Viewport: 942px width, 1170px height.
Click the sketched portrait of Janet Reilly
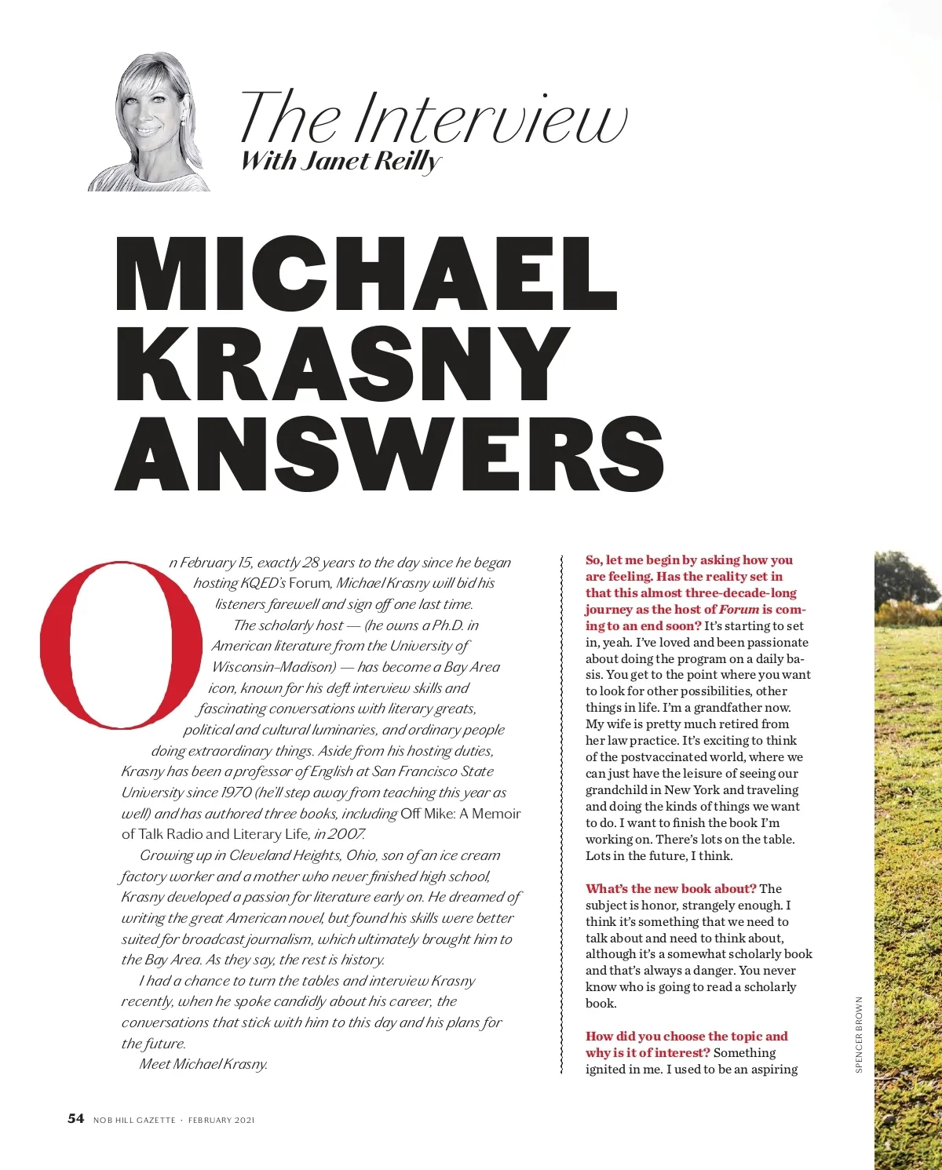(x=151, y=124)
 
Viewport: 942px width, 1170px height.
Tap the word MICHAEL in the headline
(x=366, y=274)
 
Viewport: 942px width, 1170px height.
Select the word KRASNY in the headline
(x=342, y=363)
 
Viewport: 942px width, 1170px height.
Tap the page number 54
(x=75, y=1118)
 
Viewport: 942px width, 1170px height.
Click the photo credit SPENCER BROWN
(x=859, y=1034)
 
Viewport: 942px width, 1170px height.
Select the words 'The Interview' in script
(x=433, y=118)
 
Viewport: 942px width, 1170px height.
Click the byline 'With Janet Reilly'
(x=341, y=161)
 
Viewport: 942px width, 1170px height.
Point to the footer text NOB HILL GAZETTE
(x=134, y=1120)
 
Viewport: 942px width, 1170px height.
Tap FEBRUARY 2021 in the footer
(x=221, y=1120)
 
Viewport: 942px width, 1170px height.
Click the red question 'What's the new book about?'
(x=671, y=888)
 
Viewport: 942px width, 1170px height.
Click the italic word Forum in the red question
(x=739, y=609)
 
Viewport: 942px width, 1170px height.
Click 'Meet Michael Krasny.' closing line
(x=203, y=1064)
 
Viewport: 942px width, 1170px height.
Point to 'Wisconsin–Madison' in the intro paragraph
(x=273, y=667)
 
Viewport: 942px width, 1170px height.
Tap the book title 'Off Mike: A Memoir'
(x=460, y=814)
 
